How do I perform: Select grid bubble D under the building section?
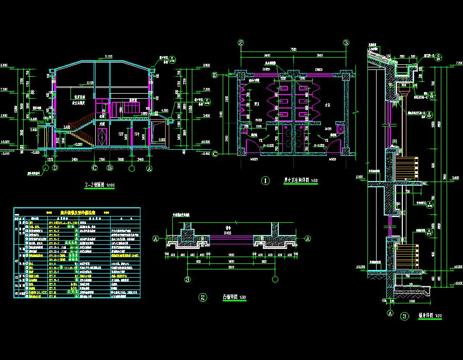click(55, 168)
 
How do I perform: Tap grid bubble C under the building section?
click(95, 168)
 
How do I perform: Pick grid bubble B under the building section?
click(110, 168)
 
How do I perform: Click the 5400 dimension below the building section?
click(75, 160)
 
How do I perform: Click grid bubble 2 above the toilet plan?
click(240, 43)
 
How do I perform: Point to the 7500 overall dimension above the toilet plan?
click(293, 49)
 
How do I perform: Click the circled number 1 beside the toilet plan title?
click(266, 181)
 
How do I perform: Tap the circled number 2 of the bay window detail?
click(203, 297)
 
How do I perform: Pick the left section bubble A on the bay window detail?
click(155, 238)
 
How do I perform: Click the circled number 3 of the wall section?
click(406, 316)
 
